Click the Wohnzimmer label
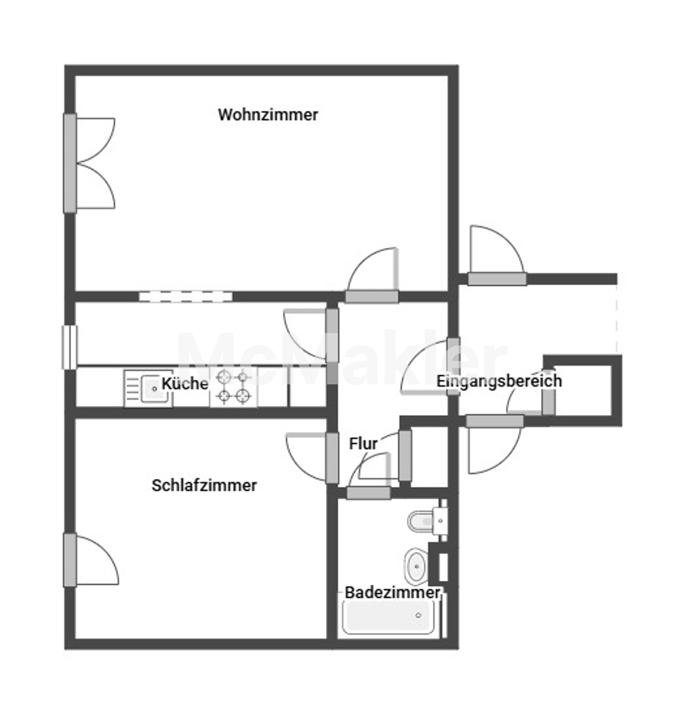(268, 115)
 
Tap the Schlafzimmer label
(204, 486)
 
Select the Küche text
(185, 384)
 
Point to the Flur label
(363, 444)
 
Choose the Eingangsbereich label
(499, 381)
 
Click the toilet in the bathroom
(428, 521)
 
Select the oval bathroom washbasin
(416, 566)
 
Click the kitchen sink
(149, 389)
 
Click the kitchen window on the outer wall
(70, 347)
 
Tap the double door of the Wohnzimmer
(89, 163)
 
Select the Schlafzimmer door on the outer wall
(90, 560)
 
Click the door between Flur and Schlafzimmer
(312, 458)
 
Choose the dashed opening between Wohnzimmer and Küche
(185, 296)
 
